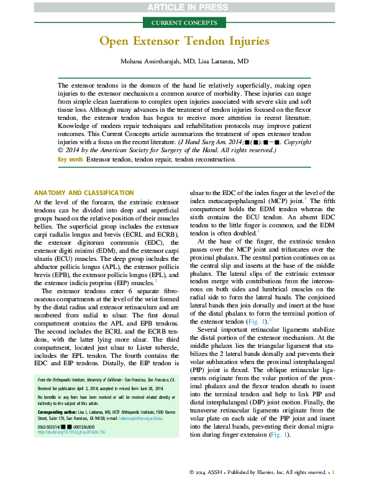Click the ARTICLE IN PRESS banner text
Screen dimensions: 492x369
[184, 7]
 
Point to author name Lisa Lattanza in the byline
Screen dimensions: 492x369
[226, 62]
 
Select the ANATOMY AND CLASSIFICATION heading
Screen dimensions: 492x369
[83, 193]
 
